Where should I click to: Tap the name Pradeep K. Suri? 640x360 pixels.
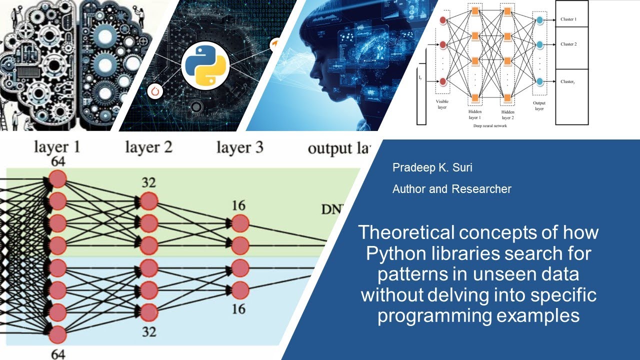pos(432,167)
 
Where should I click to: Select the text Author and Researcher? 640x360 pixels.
pos(451,189)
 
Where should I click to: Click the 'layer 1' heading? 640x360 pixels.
pos(57,147)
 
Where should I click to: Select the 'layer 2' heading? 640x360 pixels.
pos(148,147)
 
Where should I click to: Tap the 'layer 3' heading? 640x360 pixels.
pos(240,147)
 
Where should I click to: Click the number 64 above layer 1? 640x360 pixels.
pos(57,161)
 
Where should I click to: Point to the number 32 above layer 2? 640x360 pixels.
pos(148,183)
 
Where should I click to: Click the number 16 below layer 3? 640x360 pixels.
pos(239,309)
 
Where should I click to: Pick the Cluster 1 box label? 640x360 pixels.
pos(568,19)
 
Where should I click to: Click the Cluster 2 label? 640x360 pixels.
pos(568,44)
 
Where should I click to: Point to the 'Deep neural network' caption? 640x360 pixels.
pos(490,126)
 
